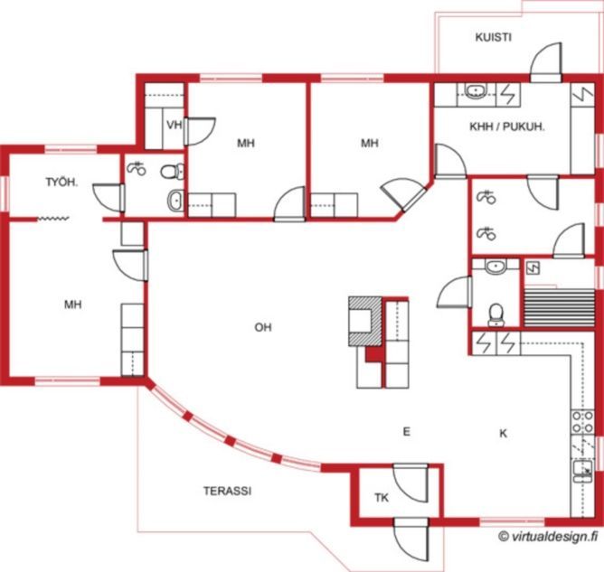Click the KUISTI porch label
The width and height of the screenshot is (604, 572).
(x=493, y=37)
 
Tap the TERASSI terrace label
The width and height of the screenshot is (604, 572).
(x=227, y=491)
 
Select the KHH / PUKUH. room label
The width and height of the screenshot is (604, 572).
(x=507, y=127)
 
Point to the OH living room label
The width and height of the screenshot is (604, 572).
(x=263, y=327)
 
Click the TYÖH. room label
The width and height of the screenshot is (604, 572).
(x=61, y=182)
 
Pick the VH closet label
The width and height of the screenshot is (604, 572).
(x=175, y=125)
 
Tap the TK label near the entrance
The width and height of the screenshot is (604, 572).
(x=382, y=498)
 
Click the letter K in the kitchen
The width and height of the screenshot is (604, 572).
(x=503, y=434)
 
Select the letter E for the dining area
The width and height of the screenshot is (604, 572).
(x=406, y=432)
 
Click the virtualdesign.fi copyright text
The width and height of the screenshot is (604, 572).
(x=549, y=536)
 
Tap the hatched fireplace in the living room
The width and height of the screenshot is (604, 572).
(x=365, y=321)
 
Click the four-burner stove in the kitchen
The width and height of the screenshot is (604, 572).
(x=582, y=422)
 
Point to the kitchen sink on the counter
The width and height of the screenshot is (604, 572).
(x=582, y=471)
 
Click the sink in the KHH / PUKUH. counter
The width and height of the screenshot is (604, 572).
(x=477, y=91)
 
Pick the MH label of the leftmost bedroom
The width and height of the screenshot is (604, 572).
(x=73, y=305)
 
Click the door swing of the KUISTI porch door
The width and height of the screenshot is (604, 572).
(x=546, y=61)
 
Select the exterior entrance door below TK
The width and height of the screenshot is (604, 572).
(x=411, y=539)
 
